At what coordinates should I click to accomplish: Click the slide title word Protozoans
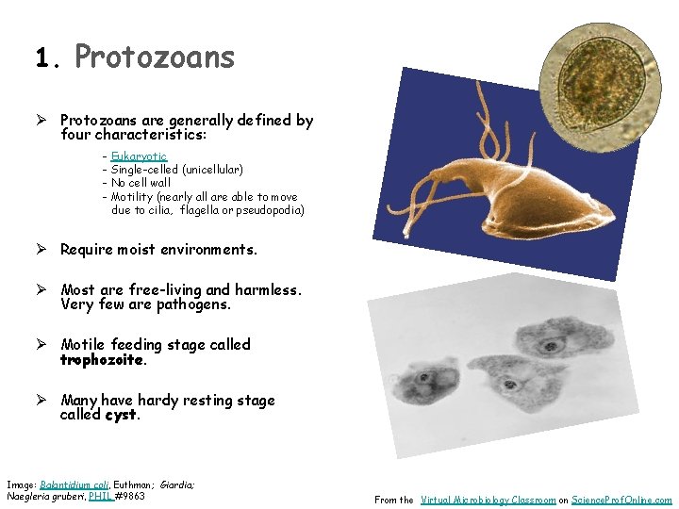coord(155,57)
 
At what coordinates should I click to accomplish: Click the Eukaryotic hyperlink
coord(139,156)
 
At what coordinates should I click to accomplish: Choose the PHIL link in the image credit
coord(100,496)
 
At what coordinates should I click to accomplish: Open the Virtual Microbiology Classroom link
coord(488,501)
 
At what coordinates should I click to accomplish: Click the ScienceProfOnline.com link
coord(622,501)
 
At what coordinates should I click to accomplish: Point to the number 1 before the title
coord(41,59)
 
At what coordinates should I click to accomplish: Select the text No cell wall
coord(141,183)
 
